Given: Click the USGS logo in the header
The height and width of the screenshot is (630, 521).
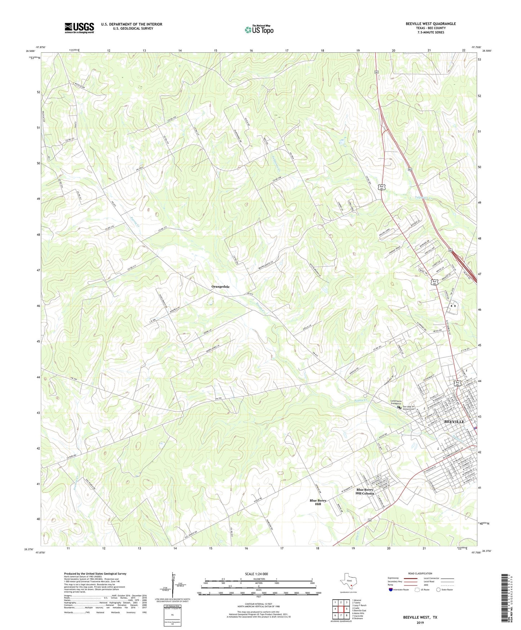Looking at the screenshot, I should (79, 28).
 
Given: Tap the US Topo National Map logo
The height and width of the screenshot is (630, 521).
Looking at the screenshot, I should (259, 29).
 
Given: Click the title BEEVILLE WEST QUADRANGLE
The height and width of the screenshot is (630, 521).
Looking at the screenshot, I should (431, 24).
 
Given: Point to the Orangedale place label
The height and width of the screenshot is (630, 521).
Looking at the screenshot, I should (220, 286).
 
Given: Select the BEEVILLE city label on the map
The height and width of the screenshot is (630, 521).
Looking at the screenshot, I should (454, 421).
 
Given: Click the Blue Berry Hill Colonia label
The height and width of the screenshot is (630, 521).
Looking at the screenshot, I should (365, 491).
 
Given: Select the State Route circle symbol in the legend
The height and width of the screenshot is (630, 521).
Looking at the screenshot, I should (438, 590).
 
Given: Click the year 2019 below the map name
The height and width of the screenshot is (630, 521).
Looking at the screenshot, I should (420, 622).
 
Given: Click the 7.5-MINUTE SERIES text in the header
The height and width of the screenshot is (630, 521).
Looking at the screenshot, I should (431, 32).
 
